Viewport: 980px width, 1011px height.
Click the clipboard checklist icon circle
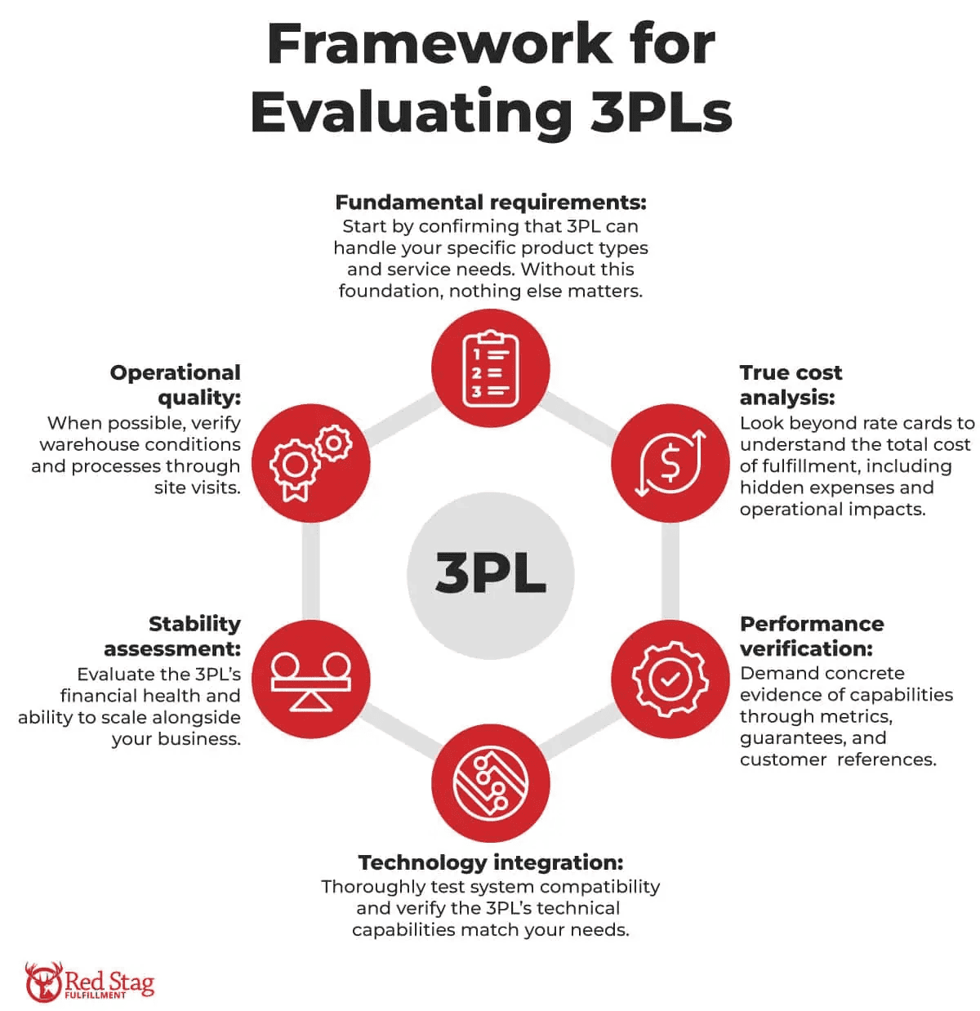click(490, 367)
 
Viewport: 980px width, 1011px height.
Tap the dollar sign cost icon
click(670, 462)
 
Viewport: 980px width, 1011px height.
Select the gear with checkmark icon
click(670, 679)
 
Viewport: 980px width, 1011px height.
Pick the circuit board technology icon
click(490, 782)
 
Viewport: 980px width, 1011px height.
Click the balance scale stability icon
click(310, 679)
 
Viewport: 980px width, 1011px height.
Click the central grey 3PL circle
click(490, 575)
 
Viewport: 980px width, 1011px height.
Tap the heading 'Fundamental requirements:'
click(491, 202)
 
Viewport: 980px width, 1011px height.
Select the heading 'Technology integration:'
click(491, 862)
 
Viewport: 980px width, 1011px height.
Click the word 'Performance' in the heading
click(812, 623)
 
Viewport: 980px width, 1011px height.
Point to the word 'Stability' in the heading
click(195, 623)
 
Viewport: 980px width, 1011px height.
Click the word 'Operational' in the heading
click(175, 372)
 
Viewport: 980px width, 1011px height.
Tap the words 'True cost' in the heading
click(791, 372)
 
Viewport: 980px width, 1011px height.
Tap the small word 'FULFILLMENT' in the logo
click(95, 995)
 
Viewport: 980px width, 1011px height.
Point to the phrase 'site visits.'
click(198, 488)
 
